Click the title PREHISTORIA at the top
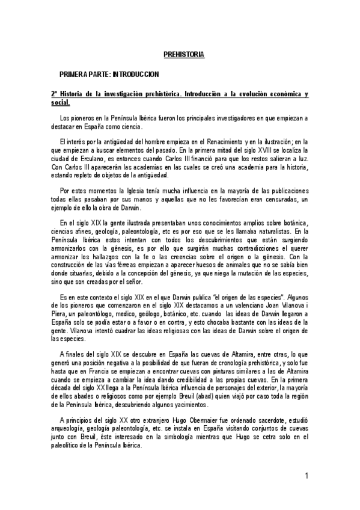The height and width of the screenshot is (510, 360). [185, 55]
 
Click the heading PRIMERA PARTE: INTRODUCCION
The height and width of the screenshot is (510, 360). [108, 74]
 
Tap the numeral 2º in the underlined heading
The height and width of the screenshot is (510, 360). [54, 95]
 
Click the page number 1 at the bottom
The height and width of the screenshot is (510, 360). [307, 476]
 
